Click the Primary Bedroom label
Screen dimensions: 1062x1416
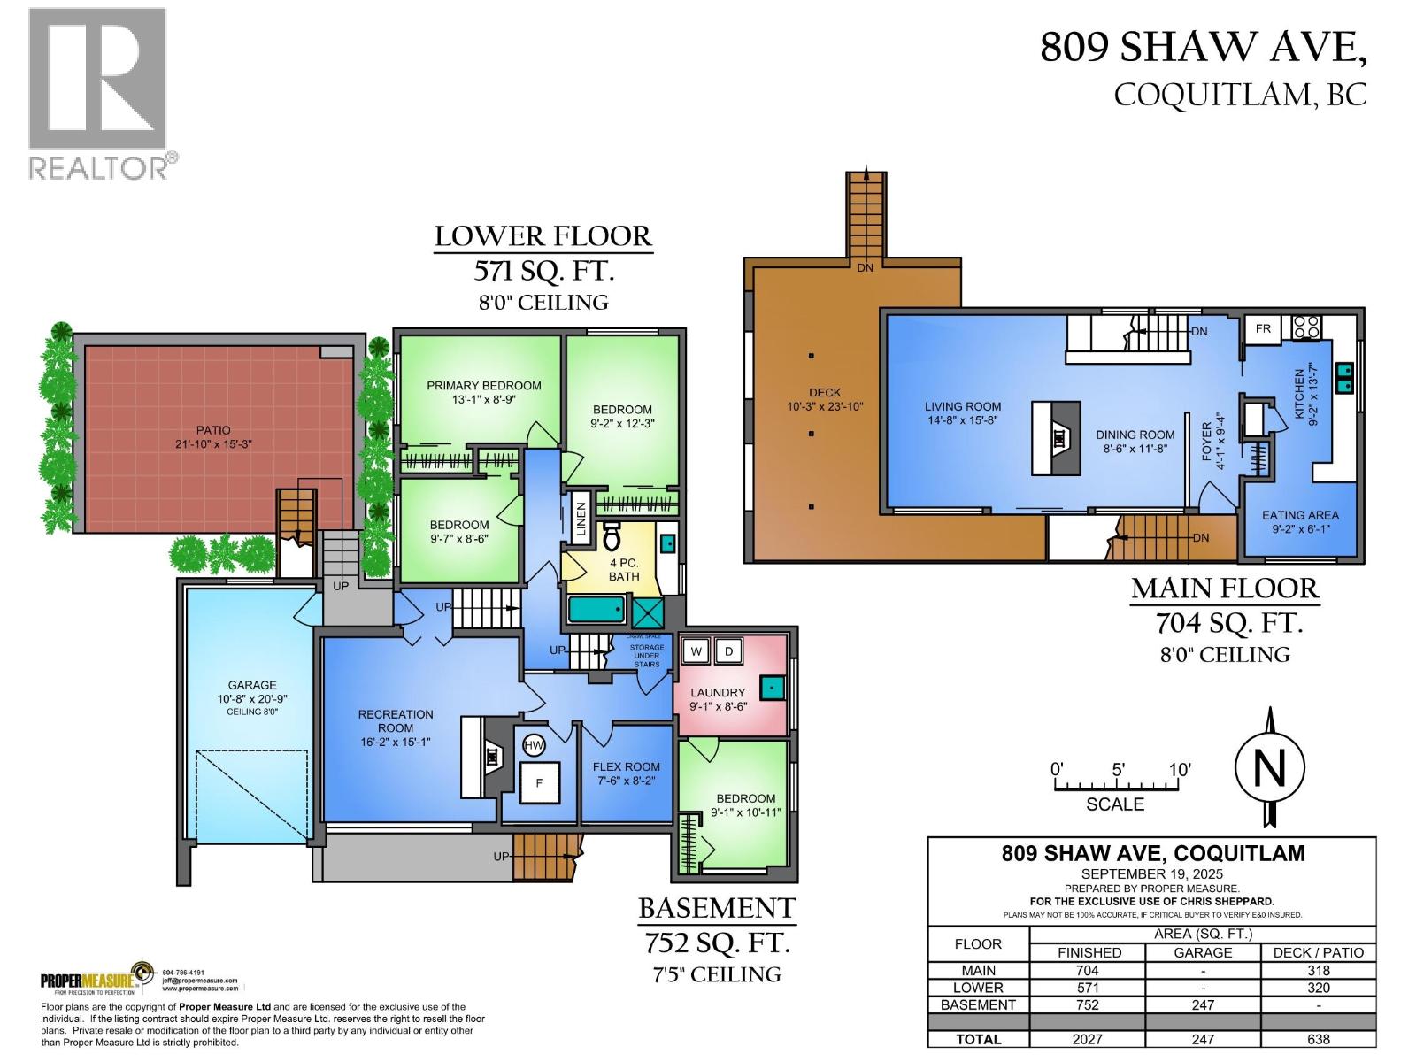[483, 386]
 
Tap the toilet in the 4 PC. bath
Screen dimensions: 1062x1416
[612, 535]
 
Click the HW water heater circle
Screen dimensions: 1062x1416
[534, 746]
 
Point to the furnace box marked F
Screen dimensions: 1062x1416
[538, 782]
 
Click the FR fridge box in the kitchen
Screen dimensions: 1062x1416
[1263, 328]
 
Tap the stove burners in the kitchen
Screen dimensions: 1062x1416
[1307, 327]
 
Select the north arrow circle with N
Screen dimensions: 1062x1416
[1270, 767]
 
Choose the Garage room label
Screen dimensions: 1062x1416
[252, 685]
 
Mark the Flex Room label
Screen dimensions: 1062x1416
[626, 767]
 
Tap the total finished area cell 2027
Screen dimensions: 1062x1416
[1087, 1039]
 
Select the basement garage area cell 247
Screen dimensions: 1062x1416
[1202, 1004]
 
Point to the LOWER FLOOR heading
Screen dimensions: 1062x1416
[543, 237]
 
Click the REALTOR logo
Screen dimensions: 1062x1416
[99, 93]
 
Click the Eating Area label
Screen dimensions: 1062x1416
[1299, 515]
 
